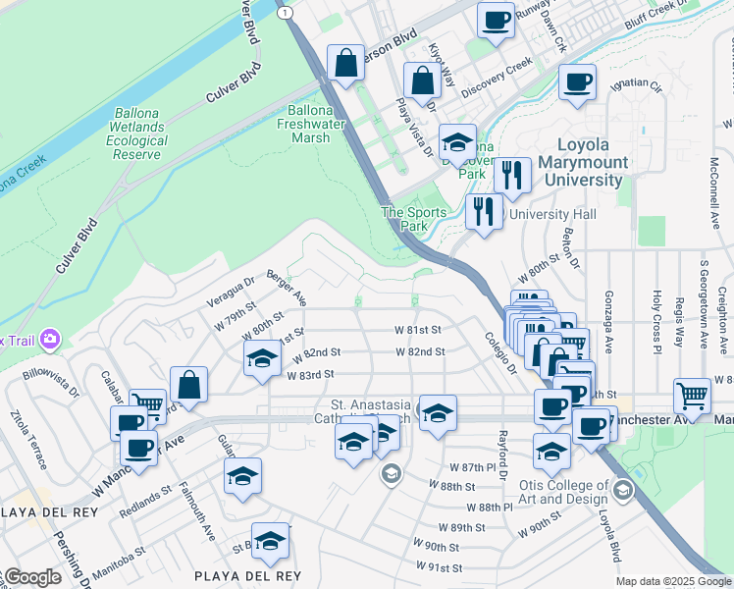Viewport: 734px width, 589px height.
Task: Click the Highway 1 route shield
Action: [x=285, y=12]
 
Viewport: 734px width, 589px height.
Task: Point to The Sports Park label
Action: [x=414, y=218]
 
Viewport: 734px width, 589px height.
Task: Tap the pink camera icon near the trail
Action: [x=49, y=340]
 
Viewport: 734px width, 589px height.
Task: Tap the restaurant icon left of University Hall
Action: [x=483, y=212]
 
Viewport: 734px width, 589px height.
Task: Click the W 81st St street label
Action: [x=419, y=330]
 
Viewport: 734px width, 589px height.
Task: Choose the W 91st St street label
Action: [x=439, y=567]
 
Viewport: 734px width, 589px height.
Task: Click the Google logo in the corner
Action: [x=31, y=577]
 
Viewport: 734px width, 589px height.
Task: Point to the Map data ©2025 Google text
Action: [x=673, y=581]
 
